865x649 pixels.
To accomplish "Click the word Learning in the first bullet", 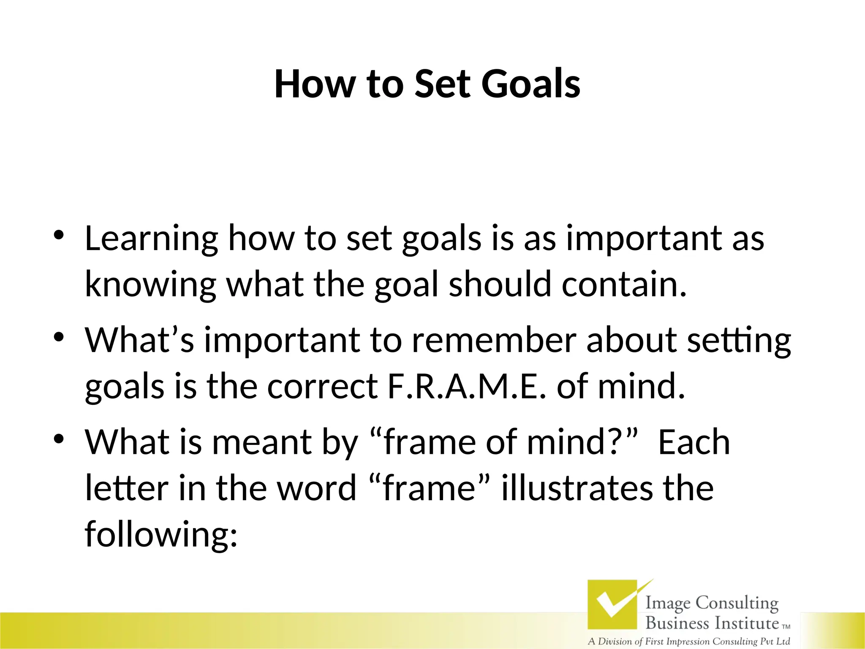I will (x=152, y=239).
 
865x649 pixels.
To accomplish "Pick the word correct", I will (x=322, y=386).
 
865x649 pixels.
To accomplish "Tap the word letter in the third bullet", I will (x=127, y=488).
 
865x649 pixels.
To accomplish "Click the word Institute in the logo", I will (x=746, y=623).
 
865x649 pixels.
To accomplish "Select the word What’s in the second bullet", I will (x=140, y=340).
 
